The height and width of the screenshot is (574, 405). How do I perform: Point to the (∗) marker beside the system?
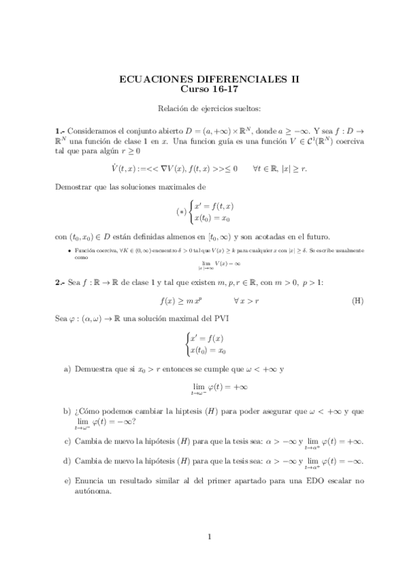pos(181,211)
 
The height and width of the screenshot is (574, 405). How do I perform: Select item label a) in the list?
pos(67,369)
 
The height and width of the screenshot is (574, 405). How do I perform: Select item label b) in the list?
pos(67,411)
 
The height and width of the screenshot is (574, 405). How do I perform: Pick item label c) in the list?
pos(67,441)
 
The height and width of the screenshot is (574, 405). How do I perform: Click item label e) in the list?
pos(67,481)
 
